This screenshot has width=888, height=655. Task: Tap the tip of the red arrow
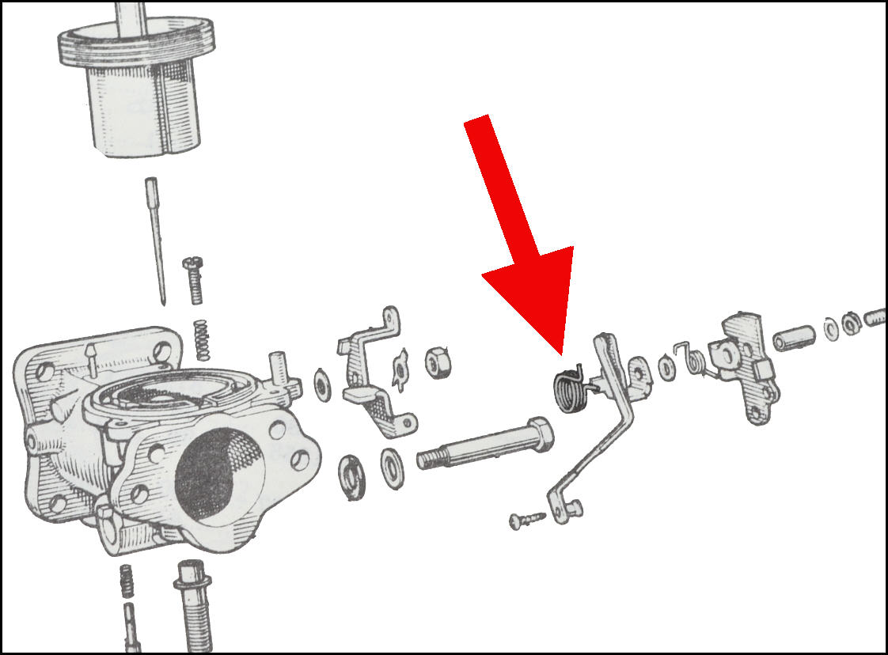[x=560, y=353]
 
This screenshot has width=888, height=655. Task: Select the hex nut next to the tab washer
[x=435, y=362]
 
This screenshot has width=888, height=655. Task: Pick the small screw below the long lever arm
[x=526, y=519]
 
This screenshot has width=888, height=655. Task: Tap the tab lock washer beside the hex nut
[x=401, y=370]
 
